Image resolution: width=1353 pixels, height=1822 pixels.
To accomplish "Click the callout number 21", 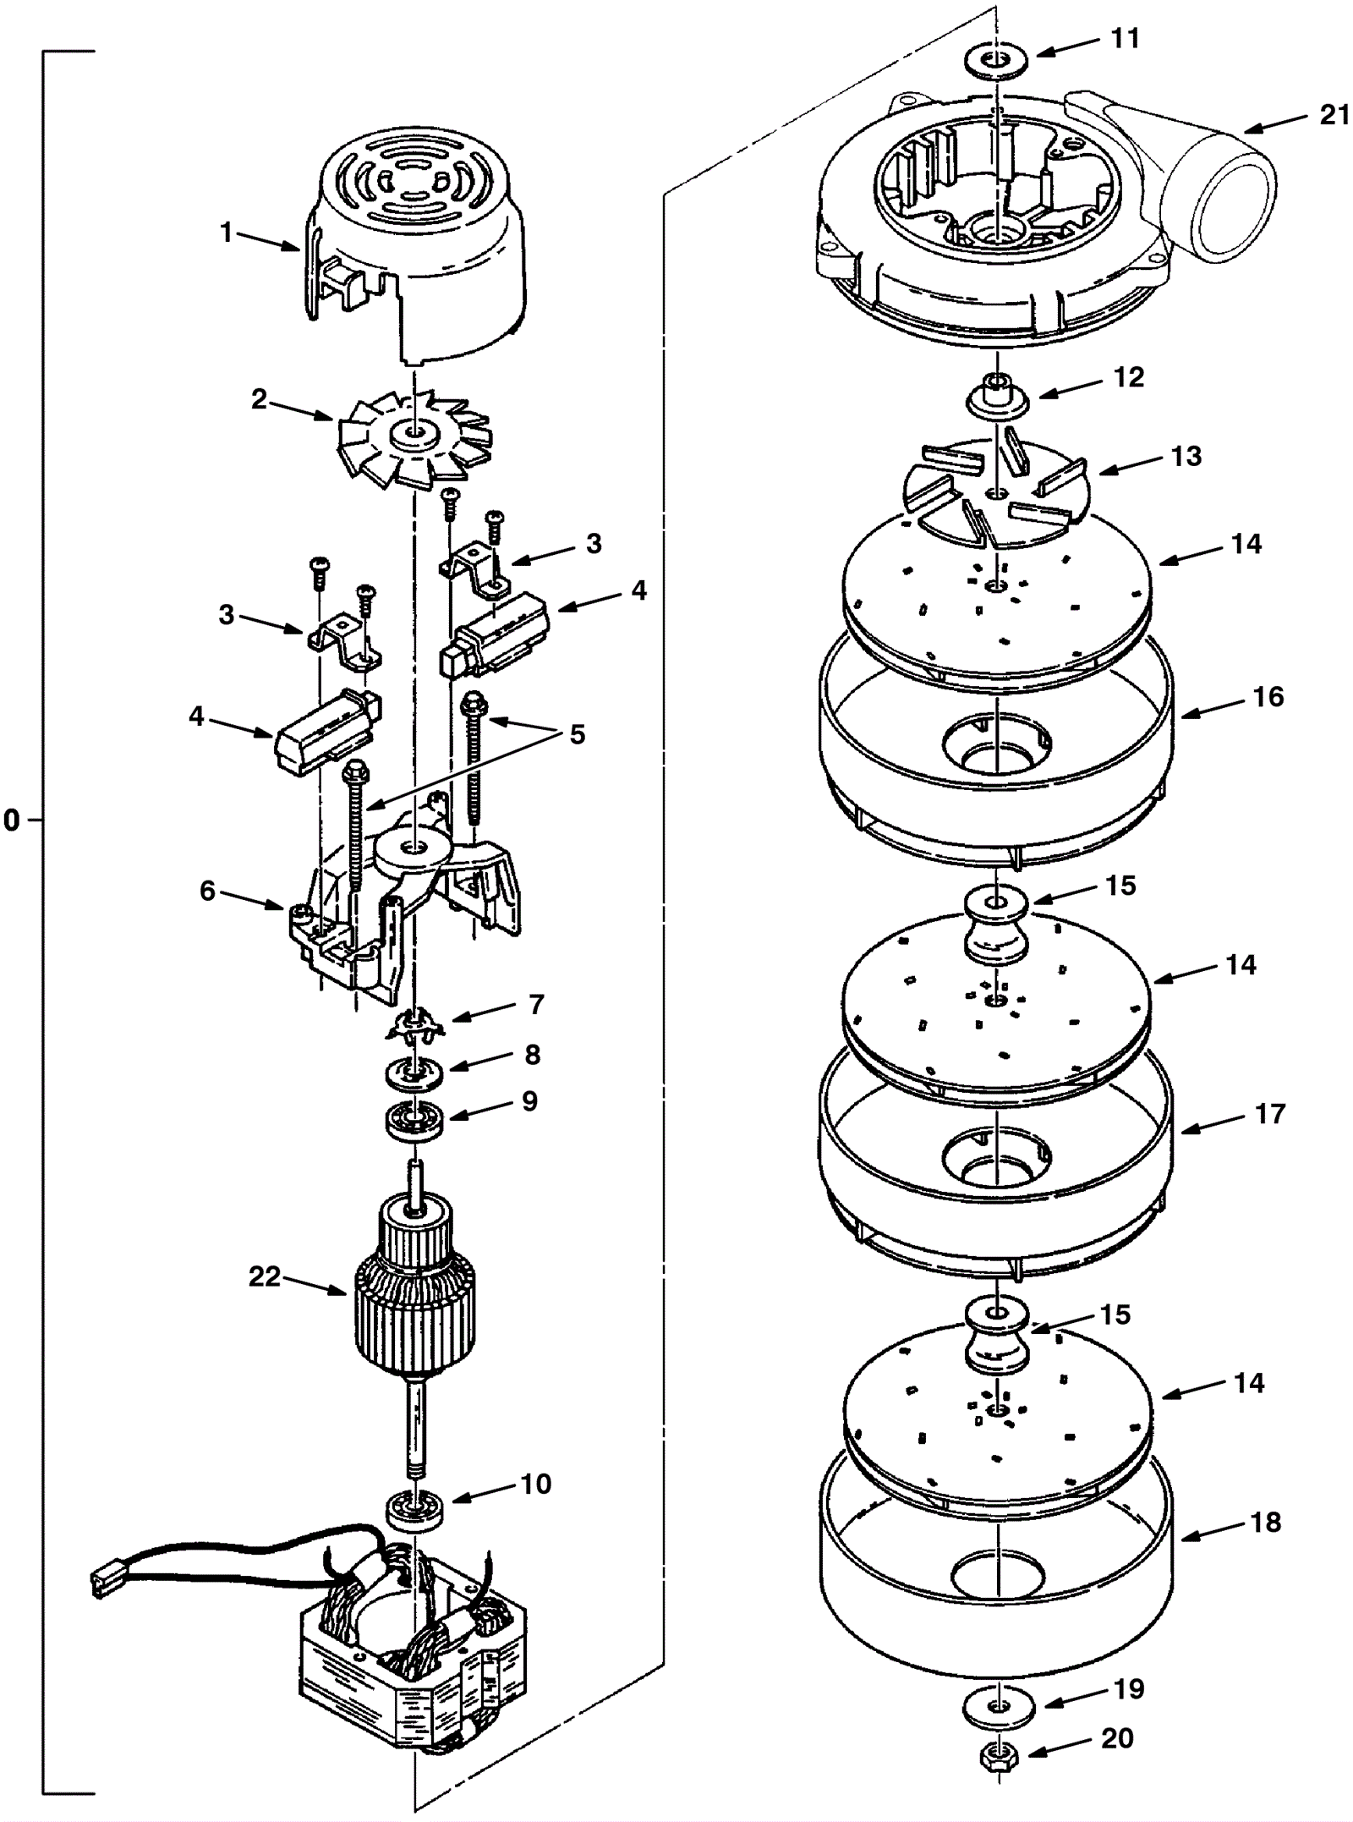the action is click(1335, 114).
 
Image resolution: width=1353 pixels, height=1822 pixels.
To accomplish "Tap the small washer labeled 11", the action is click(997, 61).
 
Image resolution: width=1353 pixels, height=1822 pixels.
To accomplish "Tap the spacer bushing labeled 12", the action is click(998, 396).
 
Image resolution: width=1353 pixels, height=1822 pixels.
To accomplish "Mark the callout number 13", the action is click(1187, 456).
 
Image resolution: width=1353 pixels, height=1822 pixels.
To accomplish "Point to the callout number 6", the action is click(208, 891).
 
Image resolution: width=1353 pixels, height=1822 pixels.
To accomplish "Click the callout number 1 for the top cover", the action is click(226, 233).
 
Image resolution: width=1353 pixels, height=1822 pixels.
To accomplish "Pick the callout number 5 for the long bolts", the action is click(577, 733).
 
